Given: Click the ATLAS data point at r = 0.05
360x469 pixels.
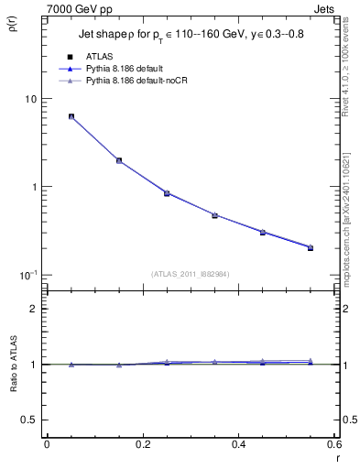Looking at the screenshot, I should point(71,116).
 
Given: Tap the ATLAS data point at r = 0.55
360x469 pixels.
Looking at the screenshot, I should point(311,247).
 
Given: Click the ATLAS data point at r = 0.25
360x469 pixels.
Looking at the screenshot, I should point(167,193).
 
